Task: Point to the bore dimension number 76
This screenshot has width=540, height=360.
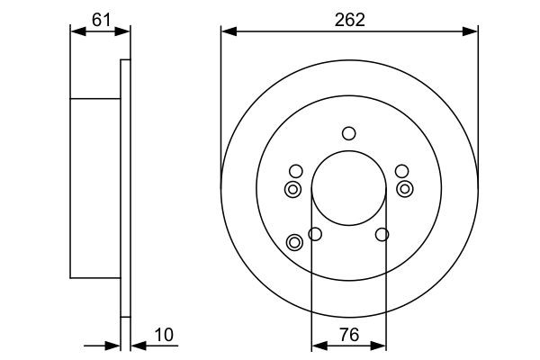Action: click(349, 335)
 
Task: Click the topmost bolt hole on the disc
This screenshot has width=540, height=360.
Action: click(348, 134)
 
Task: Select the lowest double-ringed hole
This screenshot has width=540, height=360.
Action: click(294, 241)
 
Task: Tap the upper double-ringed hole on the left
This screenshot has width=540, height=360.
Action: click(293, 189)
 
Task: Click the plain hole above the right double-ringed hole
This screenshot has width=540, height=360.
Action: click(401, 171)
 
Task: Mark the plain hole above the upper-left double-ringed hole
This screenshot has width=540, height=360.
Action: click(295, 171)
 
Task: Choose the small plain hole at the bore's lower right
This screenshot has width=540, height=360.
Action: click(382, 235)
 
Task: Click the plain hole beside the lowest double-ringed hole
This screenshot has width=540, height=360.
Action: click(315, 235)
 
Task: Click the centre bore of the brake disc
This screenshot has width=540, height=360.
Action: click(348, 190)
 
